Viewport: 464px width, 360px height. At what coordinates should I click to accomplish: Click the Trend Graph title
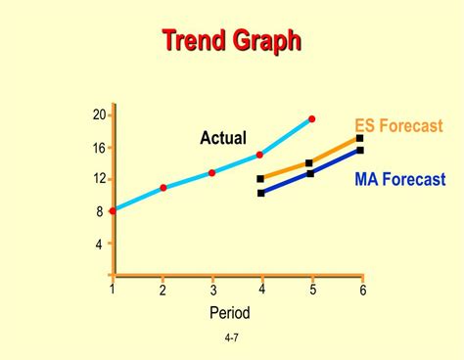point(231,40)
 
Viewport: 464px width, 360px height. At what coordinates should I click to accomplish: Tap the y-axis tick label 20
point(99,115)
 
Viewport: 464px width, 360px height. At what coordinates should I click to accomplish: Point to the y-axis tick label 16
point(99,149)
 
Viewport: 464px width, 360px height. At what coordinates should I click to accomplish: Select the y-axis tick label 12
point(99,179)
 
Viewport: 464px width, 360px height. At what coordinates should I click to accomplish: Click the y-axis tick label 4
point(99,245)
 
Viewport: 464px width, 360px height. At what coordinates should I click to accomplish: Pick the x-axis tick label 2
point(162,291)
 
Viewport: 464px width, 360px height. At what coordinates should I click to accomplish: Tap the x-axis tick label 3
point(212,291)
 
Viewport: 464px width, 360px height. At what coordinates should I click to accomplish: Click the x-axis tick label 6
point(362,291)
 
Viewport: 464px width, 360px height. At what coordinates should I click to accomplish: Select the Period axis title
point(230,313)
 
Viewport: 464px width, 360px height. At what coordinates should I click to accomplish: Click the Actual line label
point(223,139)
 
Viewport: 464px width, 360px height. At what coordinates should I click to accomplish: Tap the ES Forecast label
point(398,126)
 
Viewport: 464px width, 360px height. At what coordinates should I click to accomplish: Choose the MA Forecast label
point(399,180)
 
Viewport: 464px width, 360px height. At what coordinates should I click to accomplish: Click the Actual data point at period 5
point(312,119)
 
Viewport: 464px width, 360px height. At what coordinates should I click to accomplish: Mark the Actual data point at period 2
point(162,187)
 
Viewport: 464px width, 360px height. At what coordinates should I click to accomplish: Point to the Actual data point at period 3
point(212,173)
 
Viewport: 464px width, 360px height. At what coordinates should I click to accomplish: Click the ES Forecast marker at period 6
point(360,139)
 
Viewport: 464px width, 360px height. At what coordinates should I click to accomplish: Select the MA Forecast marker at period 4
point(260,193)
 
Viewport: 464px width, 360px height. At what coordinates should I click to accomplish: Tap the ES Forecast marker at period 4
point(260,179)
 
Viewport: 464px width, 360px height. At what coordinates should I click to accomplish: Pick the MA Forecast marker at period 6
point(360,151)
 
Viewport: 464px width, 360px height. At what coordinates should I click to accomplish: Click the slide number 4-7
point(232,338)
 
